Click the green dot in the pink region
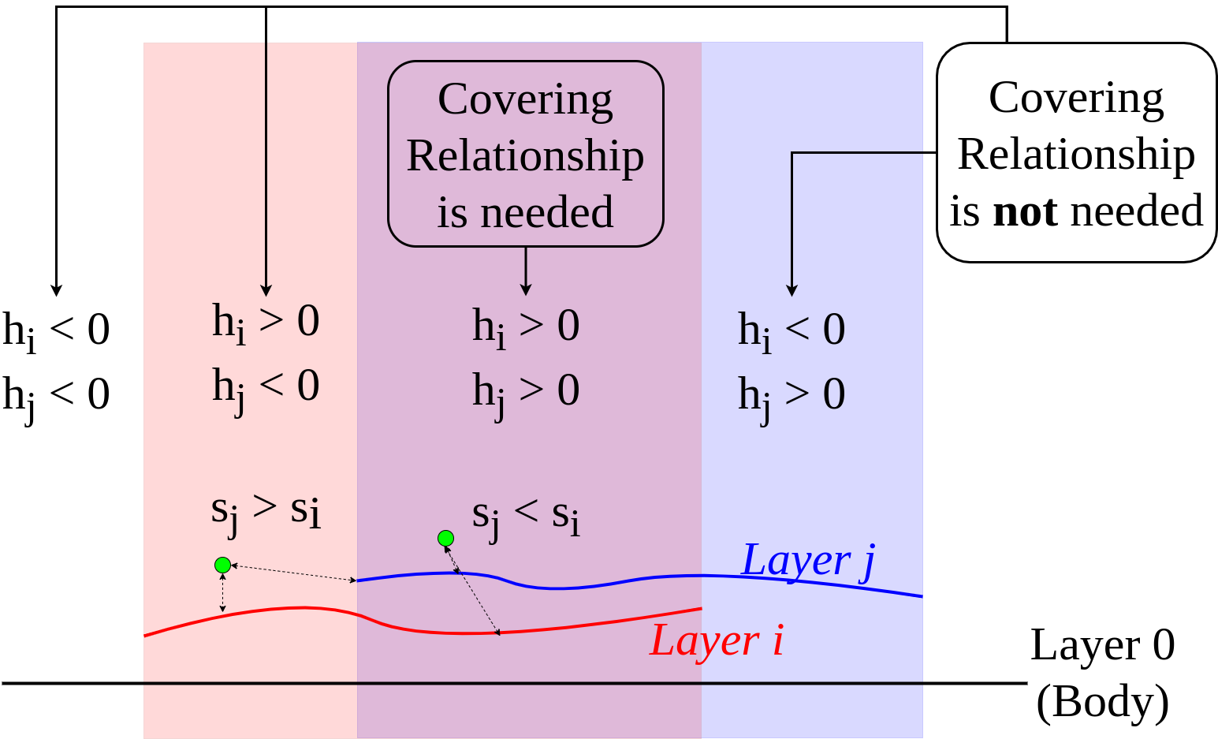[222, 565]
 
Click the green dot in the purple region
[445, 539]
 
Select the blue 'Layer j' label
[808, 561]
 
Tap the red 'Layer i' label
[716, 640]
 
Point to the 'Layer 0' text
[1102, 645]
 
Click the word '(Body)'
[1102, 701]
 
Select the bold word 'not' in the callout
[1025, 211]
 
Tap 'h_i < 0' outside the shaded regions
[56, 330]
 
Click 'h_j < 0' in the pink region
[266, 386]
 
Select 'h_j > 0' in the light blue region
[792, 394]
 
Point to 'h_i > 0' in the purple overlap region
[526, 326]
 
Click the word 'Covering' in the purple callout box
[525, 99]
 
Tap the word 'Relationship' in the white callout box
[1076, 154]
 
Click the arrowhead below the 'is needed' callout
[526, 289]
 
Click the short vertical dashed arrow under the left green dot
[223, 592]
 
